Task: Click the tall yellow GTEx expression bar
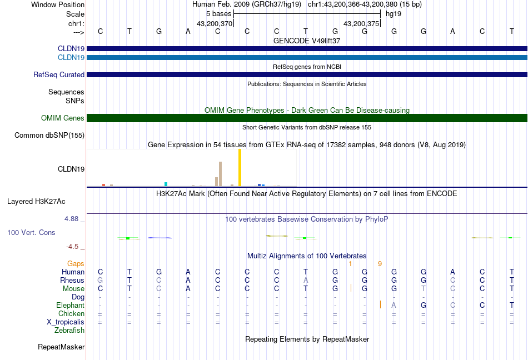pos(240,168)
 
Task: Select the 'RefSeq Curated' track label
pos(59,75)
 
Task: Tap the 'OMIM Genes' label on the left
pos(62,118)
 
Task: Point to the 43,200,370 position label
pos(214,24)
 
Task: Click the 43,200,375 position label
pos(361,24)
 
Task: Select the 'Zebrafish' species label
pos(69,331)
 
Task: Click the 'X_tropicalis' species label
pos(66,322)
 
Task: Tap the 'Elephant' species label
pos(70,306)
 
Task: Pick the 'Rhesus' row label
pos(72,281)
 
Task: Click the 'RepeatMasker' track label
pos(61,347)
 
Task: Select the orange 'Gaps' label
pos(76,264)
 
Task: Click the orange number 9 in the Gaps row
pos(380,264)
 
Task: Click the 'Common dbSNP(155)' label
pos(49,135)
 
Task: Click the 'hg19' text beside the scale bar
pos(393,13)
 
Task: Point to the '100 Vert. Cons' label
pos(31,232)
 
